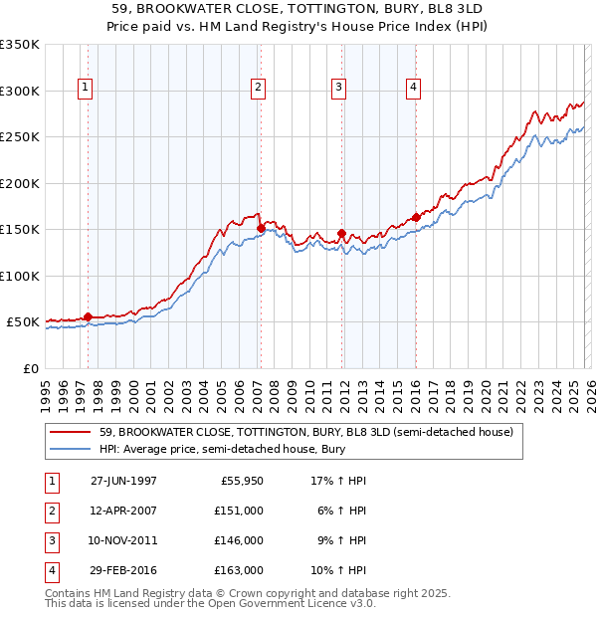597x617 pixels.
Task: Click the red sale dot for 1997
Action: [x=88, y=316]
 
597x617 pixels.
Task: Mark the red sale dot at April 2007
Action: [x=261, y=228]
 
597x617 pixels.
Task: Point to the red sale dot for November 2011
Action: [x=341, y=233]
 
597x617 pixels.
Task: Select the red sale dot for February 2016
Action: [x=416, y=217]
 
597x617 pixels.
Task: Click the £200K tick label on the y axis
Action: [x=20, y=183]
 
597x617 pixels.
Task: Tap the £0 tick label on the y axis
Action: [x=30, y=368]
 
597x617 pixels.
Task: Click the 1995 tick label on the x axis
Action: [x=45, y=395]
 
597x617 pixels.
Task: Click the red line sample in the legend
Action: [x=72, y=432]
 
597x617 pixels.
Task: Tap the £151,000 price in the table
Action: [x=240, y=510]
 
